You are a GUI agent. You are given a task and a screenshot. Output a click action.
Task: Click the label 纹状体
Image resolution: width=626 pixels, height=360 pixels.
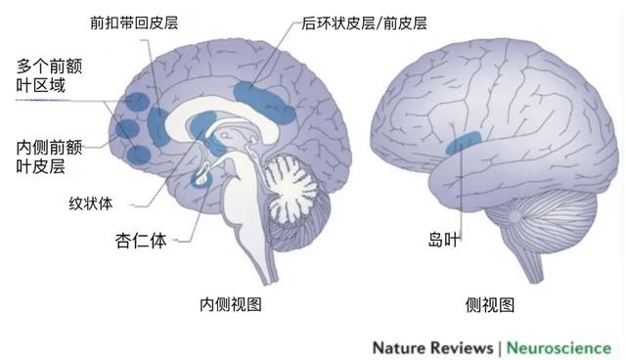(91, 203)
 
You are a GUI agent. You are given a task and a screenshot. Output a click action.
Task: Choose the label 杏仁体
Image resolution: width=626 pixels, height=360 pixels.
(133, 239)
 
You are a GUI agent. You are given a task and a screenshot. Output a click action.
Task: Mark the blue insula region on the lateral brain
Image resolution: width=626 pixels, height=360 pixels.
(462, 143)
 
